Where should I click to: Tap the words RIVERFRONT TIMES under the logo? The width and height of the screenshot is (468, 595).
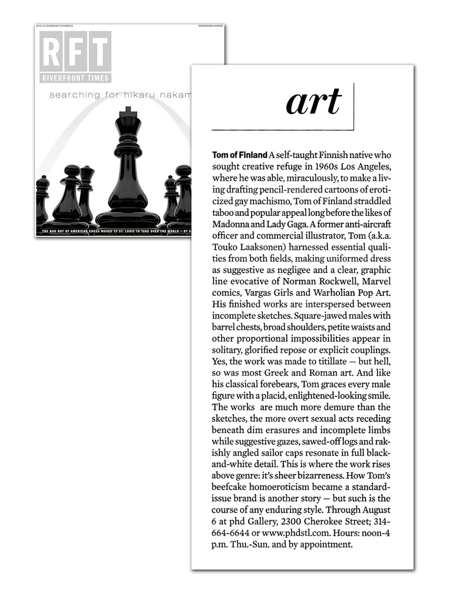point(76,78)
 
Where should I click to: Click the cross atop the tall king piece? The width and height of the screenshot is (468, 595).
point(127,112)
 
